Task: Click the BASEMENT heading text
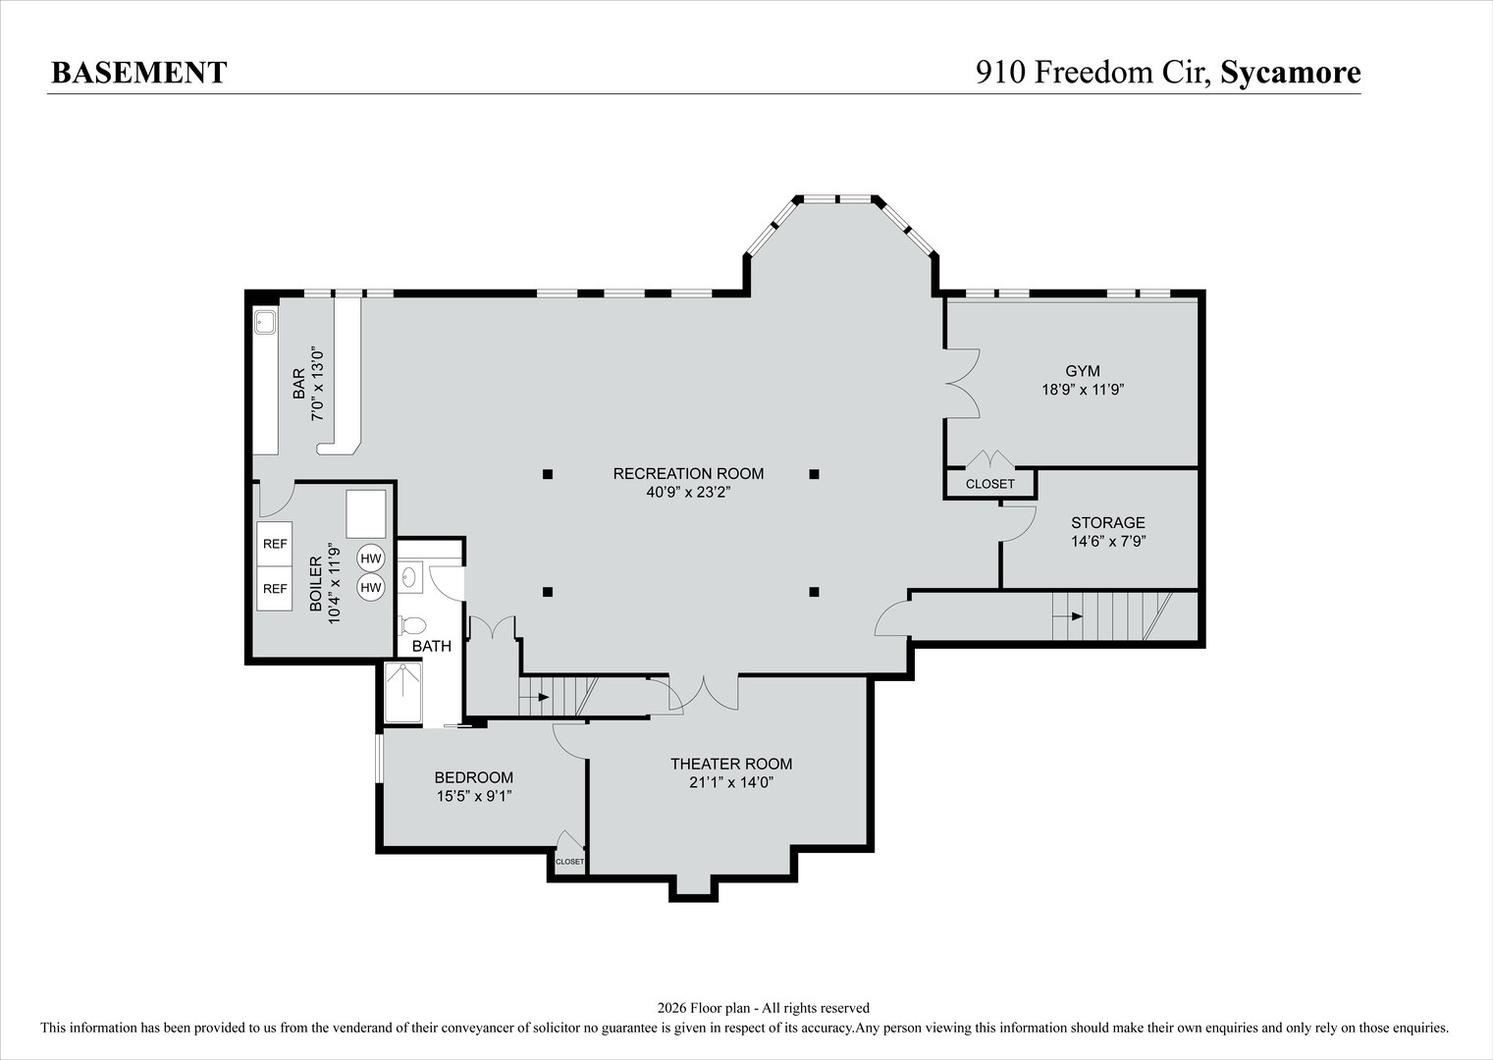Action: point(138,73)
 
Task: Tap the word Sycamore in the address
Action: point(1290,73)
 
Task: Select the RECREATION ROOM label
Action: point(688,473)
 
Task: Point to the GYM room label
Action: point(1083,371)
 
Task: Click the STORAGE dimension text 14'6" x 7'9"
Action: point(1108,541)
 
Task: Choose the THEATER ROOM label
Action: point(731,764)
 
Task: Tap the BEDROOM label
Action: point(474,777)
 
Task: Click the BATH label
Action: point(432,646)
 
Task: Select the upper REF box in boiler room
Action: point(275,544)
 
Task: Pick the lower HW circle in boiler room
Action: point(370,588)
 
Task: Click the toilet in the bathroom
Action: point(412,625)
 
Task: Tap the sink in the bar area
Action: point(265,321)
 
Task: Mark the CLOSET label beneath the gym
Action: point(989,484)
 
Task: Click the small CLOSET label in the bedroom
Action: point(569,862)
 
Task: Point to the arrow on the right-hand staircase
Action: point(1076,616)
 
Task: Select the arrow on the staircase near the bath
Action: point(542,697)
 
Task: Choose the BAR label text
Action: point(298,384)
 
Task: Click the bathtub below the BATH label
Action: point(402,693)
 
